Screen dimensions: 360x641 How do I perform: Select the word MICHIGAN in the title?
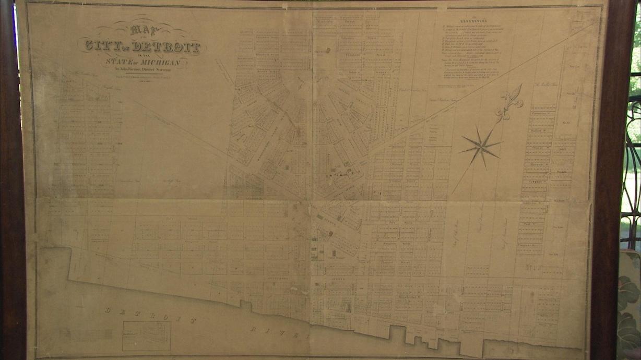click(x=159, y=63)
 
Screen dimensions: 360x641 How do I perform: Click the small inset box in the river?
click(x=146, y=335)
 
